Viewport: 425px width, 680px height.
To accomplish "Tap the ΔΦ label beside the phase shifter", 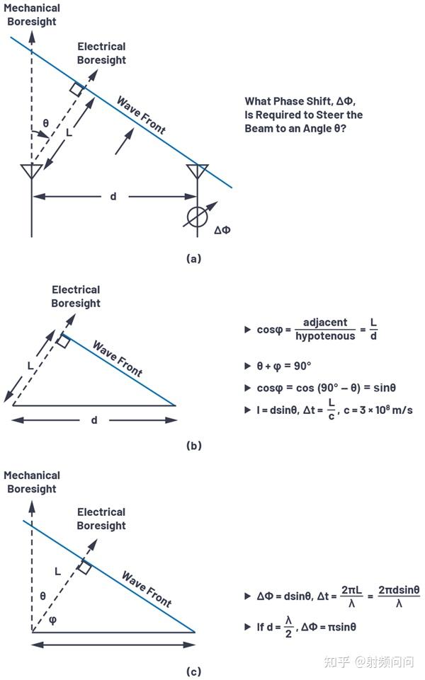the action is pos(222,230).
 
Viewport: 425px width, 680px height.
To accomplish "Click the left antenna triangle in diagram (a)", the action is pos(32,171).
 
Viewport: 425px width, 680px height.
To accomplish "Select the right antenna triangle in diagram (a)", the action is pos(198,171).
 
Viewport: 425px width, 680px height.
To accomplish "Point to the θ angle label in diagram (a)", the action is pos(45,124).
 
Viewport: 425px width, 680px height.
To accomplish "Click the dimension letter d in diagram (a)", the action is pos(113,197).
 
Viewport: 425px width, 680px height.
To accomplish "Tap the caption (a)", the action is pos(193,258).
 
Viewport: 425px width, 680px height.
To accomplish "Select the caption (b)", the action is pos(193,445).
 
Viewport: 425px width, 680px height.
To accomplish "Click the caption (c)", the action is pos(193,672).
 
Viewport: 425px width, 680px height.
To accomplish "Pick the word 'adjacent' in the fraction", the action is pos(325,322).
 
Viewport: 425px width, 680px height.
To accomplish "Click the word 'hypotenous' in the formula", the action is pos(325,336).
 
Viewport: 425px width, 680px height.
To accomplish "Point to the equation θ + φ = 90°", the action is pos(284,366).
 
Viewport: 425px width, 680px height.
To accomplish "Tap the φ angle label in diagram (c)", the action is pos(52,620).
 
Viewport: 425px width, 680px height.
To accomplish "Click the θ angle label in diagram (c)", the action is pos(42,596).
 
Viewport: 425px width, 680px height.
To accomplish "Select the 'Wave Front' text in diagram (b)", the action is pos(118,359).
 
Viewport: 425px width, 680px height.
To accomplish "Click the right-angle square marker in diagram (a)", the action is pos(76,89).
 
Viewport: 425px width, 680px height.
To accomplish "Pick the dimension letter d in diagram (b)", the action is pos(94,420).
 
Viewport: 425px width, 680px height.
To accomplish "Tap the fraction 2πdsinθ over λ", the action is pos(399,597).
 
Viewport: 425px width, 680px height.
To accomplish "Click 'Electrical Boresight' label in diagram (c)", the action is pos(101,519).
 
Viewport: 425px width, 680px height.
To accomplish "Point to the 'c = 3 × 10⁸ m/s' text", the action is pos(378,410).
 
